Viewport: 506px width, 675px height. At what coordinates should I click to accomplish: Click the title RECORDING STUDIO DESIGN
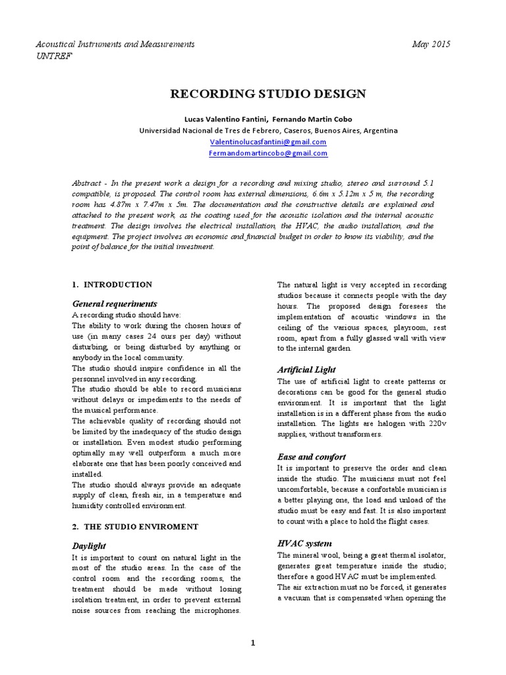click(267, 94)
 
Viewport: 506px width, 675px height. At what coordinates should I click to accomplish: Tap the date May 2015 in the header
click(432, 44)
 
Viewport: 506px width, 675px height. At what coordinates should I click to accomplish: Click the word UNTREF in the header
click(54, 56)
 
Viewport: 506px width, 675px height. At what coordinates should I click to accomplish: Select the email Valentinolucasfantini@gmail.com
click(267, 142)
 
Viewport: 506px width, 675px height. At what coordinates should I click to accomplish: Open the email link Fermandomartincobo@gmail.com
click(267, 153)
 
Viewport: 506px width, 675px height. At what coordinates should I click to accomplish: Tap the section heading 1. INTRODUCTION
click(112, 285)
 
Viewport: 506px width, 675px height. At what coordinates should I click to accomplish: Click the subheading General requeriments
click(115, 304)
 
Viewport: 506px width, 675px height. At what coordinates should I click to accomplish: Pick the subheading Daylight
click(88, 546)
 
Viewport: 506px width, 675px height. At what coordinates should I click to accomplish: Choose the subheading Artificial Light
click(306, 370)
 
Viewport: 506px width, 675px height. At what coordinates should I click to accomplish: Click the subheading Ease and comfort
click(311, 456)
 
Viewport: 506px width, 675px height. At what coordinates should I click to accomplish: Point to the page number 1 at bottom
click(253, 643)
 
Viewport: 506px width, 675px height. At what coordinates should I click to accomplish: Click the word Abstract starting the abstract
click(89, 183)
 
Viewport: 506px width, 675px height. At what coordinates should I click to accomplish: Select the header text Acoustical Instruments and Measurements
click(115, 44)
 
